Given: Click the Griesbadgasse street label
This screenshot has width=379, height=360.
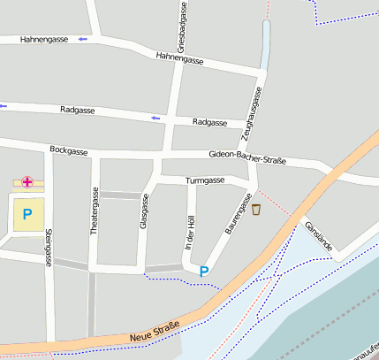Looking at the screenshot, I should point(182,27).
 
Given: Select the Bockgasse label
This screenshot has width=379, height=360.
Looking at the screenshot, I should point(69,151).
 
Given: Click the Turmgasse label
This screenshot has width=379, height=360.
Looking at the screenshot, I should point(204,180).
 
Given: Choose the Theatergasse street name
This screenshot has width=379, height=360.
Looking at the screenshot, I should point(94,211).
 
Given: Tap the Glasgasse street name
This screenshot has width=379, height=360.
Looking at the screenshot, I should point(144,212).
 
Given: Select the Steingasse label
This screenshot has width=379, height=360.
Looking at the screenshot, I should point(47,248).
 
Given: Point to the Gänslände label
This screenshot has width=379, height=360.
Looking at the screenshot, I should point(318,235).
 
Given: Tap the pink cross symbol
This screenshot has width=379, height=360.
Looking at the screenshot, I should point(27,182).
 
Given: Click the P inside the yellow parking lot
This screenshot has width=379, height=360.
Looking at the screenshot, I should point(27,213).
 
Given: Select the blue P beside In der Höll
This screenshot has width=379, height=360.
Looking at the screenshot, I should point(205,272).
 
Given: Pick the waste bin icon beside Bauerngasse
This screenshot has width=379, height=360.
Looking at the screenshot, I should point(256,210).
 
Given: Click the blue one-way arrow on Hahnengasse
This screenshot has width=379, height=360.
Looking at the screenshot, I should point(82,40).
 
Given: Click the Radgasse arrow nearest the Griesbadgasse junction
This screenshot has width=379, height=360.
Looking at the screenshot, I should point(156,118).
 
